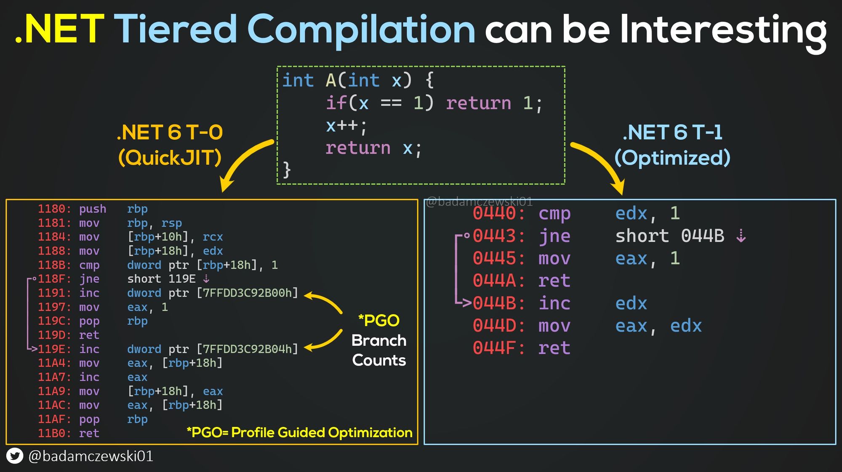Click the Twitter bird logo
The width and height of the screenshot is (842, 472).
pos(15,456)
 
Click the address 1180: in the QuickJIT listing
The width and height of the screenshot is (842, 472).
pos(54,209)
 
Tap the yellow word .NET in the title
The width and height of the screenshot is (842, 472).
pos(59,29)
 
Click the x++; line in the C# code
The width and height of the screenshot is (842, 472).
pos(346,125)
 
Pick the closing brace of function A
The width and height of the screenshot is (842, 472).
pos(287,170)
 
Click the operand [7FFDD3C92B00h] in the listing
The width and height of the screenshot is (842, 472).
pos(247,293)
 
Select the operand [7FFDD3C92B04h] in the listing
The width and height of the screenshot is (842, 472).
pos(247,349)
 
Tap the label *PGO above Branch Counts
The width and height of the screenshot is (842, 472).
pos(378,321)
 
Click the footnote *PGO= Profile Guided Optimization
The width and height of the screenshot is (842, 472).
pos(299,432)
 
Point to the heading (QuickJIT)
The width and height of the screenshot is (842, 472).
pos(170,158)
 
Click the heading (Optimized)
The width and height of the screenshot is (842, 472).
pos(672,158)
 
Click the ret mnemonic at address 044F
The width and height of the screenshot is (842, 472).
pos(554,348)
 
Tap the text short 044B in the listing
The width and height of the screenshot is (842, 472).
pos(669,236)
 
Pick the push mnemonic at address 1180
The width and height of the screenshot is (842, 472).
pos(93,209)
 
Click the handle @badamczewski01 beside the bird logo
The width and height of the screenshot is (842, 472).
pos(91,456)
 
